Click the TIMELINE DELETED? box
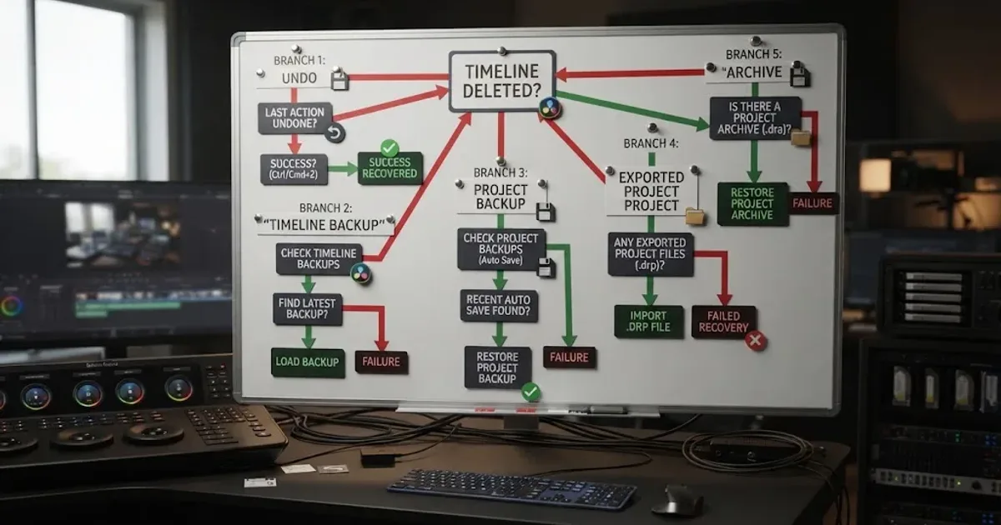502,81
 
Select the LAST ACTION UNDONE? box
295,118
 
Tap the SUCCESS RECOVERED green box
390,168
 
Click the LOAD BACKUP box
308,362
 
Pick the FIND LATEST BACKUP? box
308,309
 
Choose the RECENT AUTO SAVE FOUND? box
499,306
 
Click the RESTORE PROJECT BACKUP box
498,367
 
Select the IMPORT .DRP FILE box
649,322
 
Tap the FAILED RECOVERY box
723,322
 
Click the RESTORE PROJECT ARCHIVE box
752,204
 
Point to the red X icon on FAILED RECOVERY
756,341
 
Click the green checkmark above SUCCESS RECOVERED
390,147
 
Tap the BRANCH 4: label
651,143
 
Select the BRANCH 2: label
325,208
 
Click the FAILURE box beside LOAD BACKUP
381,362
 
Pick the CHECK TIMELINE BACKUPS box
319,259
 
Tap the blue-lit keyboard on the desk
511,489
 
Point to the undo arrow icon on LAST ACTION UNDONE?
335,133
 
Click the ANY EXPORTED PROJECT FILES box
650,254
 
